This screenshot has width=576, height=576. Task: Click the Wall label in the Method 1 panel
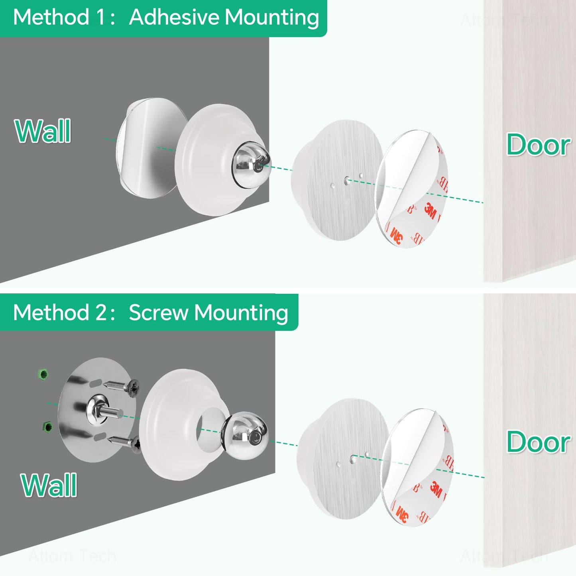pyautogui.click(x=43, y=131)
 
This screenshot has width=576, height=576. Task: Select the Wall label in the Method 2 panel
pyautogui.click(x=49, y=485)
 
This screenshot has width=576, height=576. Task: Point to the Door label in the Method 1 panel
pyautogui.click(x=538, y=145)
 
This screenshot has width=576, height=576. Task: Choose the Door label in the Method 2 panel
pyautogui.click(x=538, y=442)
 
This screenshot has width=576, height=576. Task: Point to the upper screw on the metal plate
pyautogui.click(x=124, y=386)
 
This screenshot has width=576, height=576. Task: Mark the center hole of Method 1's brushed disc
pyautogui.click(x=346, y=181)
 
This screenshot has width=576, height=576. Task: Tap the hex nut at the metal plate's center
pyautogui.click(x=96, y=406)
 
